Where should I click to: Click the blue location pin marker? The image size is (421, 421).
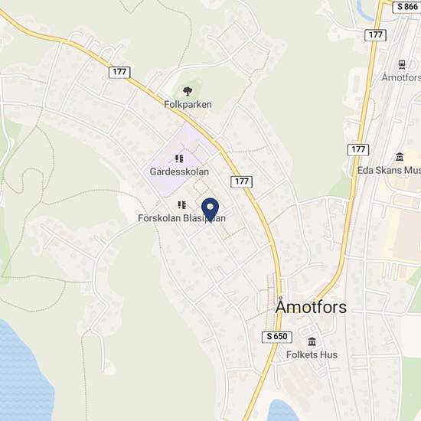[210, 208]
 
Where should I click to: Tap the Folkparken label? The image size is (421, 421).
[188, 104]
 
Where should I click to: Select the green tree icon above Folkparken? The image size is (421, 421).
[188, 89]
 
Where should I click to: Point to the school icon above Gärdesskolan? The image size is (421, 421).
[179, 158]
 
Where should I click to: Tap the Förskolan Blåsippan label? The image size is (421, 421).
[181, 218]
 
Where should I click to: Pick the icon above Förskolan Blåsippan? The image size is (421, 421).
[182, 204]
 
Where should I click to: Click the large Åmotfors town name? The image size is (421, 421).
[311, 308]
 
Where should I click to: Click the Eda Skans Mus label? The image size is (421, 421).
[389, 170]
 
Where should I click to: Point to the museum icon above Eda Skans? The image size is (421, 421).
[399, 156]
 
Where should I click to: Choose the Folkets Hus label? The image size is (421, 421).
[312, 355]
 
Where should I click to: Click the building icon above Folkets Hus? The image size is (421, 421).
[312, 341]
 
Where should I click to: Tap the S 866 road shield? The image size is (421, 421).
[406, 6]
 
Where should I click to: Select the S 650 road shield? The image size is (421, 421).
[278, 336]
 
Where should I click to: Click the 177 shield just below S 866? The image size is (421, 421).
[376, 35]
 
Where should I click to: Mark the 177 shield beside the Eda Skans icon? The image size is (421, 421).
[357, 148]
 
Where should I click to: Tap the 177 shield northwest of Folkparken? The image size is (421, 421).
[119, 72]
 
